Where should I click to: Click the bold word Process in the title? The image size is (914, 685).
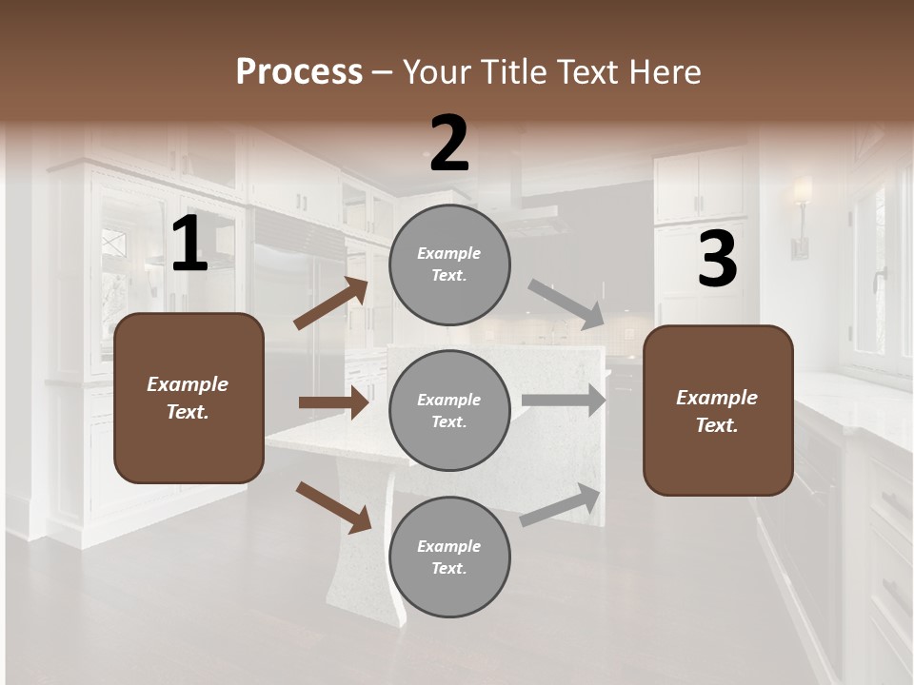point(299,71)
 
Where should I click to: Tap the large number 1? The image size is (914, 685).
point(189,245)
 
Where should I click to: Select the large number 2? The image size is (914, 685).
point(449,144)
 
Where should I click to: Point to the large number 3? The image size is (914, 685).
point(717,260)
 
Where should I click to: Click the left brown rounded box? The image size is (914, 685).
point(189,398)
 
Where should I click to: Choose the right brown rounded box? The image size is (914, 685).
point(718,410)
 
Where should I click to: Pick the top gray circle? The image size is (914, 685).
point(449,264)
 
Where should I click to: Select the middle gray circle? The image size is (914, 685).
point(449,410)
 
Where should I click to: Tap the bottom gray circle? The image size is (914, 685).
point(449,557)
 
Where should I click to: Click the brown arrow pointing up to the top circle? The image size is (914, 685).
point(331,303)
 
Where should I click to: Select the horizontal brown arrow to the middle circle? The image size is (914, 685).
point(333,402)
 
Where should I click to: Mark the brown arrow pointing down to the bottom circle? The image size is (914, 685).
point(333,507)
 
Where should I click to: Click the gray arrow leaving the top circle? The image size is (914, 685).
point(566,304)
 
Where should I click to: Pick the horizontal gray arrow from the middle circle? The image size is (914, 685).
point(565,401)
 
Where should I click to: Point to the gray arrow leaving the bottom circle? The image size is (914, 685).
point(561,505)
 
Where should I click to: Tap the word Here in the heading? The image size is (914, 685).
point(665,71)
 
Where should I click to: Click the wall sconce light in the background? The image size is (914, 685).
point(802,214)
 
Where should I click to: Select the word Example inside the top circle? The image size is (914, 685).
point(448,253)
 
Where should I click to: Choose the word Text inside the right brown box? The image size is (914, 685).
point(717,425)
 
